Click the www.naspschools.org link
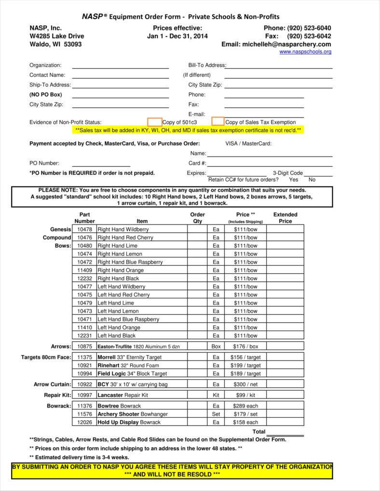(x=305, y=52)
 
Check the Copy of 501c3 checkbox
(x=154, y=122)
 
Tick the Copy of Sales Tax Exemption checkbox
(x=218, y=121)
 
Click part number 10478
(x=84, y=229)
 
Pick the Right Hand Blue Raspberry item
(x=130, y=262)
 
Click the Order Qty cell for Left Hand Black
(x=197, y=336)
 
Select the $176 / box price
(x=246, y=346)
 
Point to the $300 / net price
(x=246, y=385)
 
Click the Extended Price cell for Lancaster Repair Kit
(x=285, y=395)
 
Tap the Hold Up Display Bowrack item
(x=129, y=423)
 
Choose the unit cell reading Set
(x=216, y=414)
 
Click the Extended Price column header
(x=285, y=218)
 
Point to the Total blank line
(x=285, y=434)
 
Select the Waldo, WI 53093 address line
(x=55, y=44)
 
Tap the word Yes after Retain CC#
(x=294, y=180)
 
